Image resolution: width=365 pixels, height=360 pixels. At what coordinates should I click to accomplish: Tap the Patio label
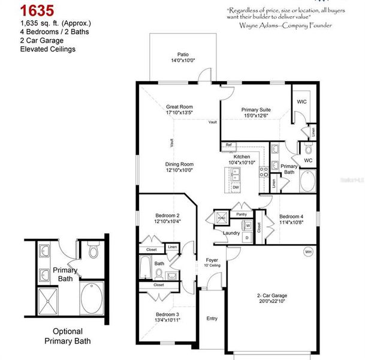(x=183, y=53)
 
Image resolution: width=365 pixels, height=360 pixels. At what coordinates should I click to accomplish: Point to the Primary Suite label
(x=256, y=110)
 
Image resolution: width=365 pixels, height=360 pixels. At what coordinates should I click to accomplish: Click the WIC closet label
(x=301, y=102)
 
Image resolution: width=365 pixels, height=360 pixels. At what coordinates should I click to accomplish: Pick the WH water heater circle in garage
(x=309, y=251)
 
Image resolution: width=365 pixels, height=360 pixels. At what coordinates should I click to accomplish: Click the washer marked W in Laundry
(x=248, y=226)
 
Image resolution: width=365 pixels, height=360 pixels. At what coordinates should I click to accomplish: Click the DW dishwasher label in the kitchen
(x=236, y=187)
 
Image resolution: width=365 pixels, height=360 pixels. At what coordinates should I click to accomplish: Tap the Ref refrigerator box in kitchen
(x=229, y=145)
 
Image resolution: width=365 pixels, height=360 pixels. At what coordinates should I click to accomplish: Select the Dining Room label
(x=179, y=164)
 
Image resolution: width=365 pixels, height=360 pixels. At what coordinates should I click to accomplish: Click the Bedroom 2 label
(x=167, y=215)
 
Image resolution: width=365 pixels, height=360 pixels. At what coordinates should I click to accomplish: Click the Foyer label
(x=212, y=260)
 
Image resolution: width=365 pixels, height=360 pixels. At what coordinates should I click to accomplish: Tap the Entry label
(x=212, y=319)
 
